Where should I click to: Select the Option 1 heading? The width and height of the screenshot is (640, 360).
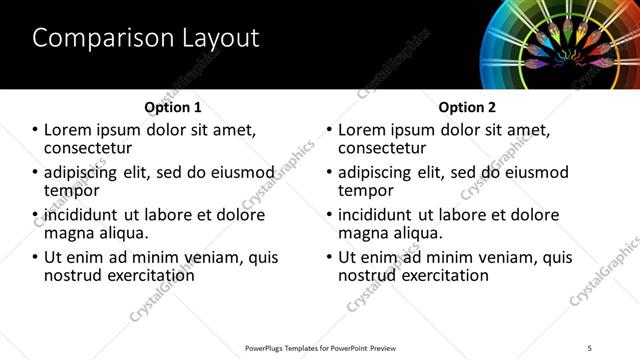(173, 106)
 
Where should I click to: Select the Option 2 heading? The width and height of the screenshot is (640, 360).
(466, 106)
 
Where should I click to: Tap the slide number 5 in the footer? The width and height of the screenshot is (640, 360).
(589, 347)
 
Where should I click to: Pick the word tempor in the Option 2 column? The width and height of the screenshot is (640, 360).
(366, 190)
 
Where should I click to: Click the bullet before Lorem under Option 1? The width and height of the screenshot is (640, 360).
(36, 130)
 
